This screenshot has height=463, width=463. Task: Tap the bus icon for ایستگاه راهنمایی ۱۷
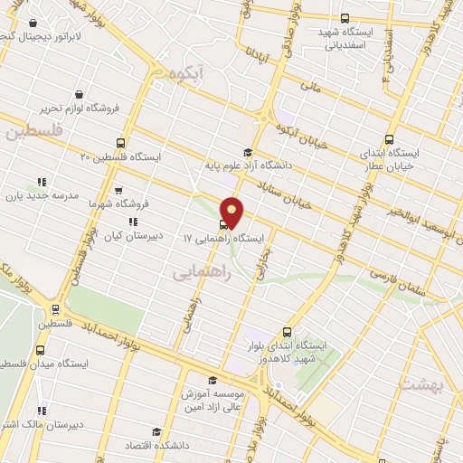tap(223, 225)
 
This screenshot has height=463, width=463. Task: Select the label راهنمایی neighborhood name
tap(201, 270)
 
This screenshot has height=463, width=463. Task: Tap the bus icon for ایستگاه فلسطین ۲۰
tap(120, 143)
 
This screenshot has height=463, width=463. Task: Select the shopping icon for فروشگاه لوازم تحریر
tap(80, 94)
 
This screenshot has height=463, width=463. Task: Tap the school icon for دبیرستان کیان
tap(132, 221)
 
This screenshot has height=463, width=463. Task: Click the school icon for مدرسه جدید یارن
tap(40, 180)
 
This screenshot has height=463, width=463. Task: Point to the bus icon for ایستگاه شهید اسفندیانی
tap(345, 17)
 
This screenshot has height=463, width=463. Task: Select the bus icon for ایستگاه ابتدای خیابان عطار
tap(389, 139)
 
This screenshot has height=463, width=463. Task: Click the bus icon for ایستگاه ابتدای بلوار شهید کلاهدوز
tap(287, 332)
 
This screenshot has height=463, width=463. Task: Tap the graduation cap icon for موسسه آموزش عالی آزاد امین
tap(213, 380)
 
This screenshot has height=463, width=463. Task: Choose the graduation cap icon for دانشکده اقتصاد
tap(156, 431)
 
